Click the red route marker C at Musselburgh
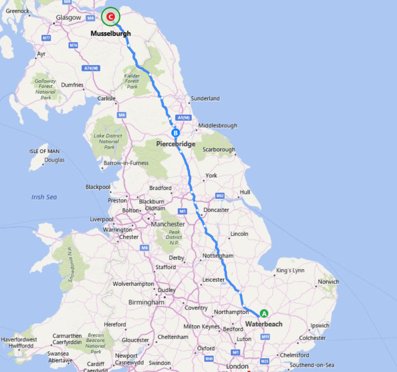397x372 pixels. (111, 17)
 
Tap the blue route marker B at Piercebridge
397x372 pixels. (175, 133)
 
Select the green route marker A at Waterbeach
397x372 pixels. (264, 313)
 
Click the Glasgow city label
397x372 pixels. (68, 18)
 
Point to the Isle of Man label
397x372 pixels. (45, 151)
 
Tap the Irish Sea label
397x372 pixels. (44, 197)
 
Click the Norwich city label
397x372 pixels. (328, 282)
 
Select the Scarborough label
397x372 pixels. (219, 150)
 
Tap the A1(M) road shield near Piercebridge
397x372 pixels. (183, 118)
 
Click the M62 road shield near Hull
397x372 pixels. (220, 196)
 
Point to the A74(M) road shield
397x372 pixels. (91, 68)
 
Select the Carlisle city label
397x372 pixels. (107, 99)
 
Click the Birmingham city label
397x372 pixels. (146, 302)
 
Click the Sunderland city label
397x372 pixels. (205, 99)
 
